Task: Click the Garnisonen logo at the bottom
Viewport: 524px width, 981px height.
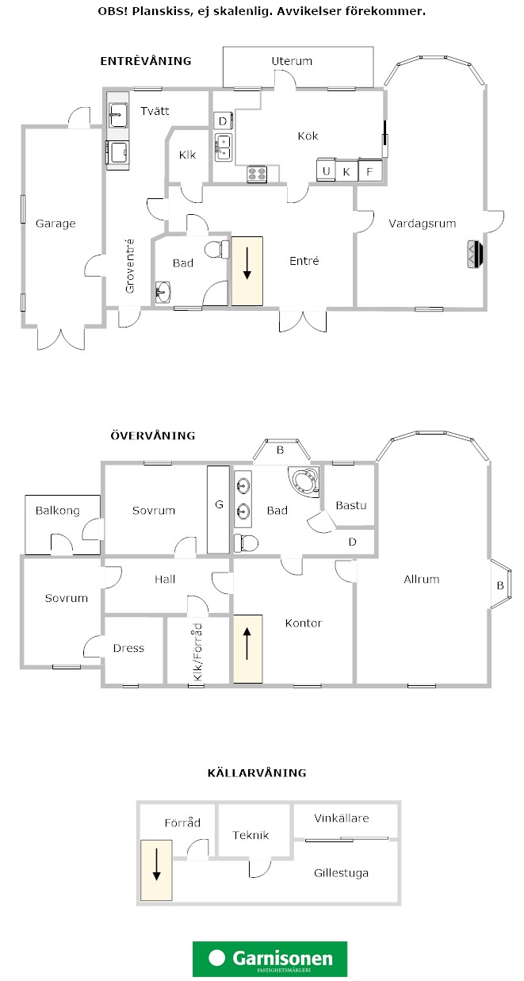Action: (x=270, y=958)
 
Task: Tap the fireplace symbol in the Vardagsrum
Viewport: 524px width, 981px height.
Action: (x=476, y=254)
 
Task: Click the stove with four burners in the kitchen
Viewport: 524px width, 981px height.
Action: (x=257, y=174)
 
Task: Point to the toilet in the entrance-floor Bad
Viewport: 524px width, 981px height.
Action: (x=216, y=250)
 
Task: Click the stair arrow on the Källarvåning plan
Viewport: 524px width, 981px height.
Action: (x=156, y=864)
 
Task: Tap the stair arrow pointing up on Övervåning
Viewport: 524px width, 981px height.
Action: (x=247, y=643)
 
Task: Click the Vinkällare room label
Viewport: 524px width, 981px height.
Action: (x=342, y=818)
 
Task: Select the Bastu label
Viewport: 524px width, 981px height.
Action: (x=351, y=505)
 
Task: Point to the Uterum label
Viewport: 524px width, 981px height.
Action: (x=292, y=61)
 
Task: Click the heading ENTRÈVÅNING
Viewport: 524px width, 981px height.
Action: (x=146, y=60)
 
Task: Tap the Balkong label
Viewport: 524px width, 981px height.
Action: (x=57, y=511)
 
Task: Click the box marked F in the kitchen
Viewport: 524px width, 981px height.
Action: (x=370, y=171)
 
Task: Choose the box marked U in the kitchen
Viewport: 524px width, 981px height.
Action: (x=326, y=171)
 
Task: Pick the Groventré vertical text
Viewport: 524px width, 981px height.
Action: (x=129, y=266)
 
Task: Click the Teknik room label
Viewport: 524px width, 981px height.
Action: (x=251, y=835)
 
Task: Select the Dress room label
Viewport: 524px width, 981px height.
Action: (x=128, y=648)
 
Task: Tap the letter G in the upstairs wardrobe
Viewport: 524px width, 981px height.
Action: (x=219, y=504)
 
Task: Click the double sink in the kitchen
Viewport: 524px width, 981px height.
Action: (x=223, y=148)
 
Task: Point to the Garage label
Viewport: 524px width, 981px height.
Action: (x=55, y=224)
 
